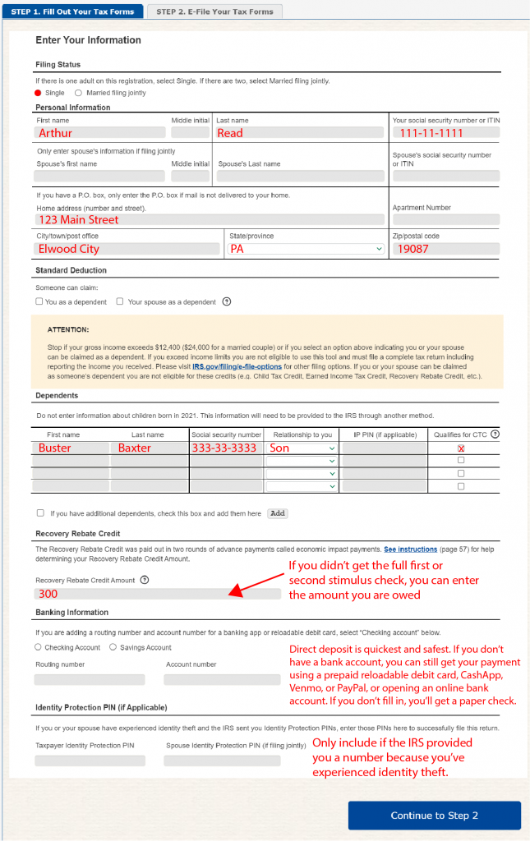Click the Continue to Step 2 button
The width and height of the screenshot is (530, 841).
click(x=434, y=816)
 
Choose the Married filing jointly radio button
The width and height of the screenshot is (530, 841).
click(x=79, y=93)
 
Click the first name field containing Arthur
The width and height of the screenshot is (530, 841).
click(x=100, y=133)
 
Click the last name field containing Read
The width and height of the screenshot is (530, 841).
click(x=299, y=133)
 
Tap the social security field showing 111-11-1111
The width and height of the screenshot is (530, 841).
click(x=446, y=133)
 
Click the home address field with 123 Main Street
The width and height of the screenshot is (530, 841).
click(x=210, y=220)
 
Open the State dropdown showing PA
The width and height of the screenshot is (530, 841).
click(x=306, y=249)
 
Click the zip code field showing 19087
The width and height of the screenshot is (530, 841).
click(x=446, y=249)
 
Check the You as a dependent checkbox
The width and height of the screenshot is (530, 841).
click(x=39, y=301)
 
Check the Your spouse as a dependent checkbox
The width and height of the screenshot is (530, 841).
click(x=120, y=301)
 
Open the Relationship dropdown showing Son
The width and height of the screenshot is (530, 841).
click(x=302, y=448)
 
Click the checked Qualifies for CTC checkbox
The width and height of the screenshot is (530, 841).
click(x=461, y=448)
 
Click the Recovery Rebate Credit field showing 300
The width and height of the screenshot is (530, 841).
click(x=157, y=594)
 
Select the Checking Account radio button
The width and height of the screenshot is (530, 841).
click(x=38, y=647)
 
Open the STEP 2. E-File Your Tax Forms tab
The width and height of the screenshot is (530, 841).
click(x=214, y=11)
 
